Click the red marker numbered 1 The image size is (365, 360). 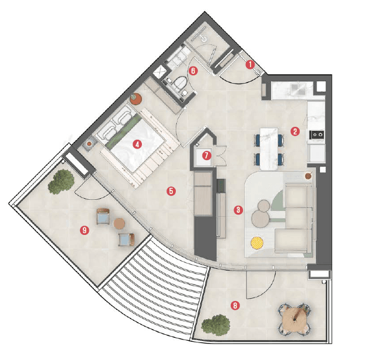coord(250,65)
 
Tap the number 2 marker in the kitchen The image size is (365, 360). coord(296,131)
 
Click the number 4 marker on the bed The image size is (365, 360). coord(137,144)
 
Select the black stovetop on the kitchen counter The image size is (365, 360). coord(318,134)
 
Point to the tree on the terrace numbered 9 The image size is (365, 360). coord(61,182)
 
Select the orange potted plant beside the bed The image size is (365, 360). coord(136,99)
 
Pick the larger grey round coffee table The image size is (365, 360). coord(258,217)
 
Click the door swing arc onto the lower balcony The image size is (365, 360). coord(259,283)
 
